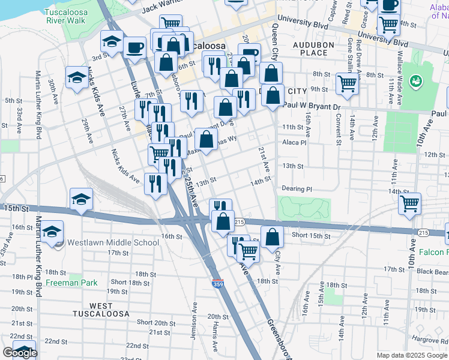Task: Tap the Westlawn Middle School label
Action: (x=113, y=242)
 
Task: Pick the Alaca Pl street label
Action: (x=295, y=143)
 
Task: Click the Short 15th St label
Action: (x=311, y=236)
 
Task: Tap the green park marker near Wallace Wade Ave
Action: (x=414, y=80)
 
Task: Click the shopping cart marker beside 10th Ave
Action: (x=409, y=203)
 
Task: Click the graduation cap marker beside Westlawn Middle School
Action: (x=52, y=232)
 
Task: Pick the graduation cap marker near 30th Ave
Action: (x=77, y=78)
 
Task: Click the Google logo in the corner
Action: (x=20, y=353)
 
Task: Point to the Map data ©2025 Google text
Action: (x=411, y=355)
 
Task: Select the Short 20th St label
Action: (x=152, y=322)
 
